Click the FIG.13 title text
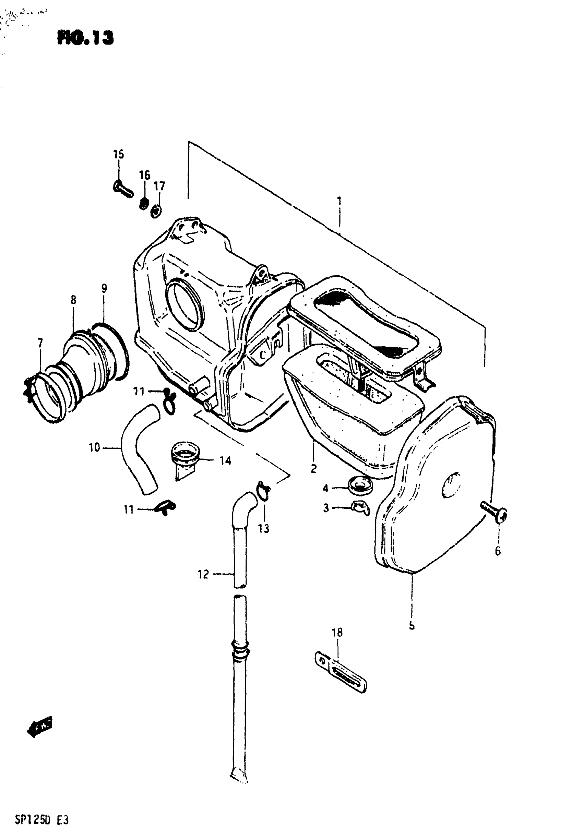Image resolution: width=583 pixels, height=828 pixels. pos(85,38)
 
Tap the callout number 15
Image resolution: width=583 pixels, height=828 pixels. pos(118,154)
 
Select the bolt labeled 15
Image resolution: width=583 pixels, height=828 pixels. pos(123,189)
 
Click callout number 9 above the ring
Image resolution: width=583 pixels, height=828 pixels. pos(104,288)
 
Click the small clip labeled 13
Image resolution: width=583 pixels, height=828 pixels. pos(263,491)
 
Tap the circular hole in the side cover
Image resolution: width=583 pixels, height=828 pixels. pos(451,485)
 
